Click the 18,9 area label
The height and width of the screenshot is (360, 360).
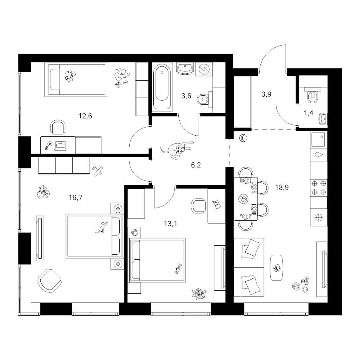point(282,188)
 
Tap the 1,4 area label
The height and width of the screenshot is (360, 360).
point(308,113)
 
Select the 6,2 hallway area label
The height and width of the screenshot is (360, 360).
point(196,165)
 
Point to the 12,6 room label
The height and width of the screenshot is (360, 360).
point(85,116)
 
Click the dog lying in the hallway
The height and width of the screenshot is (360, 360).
point(177,150)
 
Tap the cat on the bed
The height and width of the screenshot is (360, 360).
point(102,227)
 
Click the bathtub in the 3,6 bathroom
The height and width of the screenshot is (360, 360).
point(162,87)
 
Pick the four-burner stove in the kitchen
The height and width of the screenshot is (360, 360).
point(319,188)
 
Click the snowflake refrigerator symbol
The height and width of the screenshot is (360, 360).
point(319,217)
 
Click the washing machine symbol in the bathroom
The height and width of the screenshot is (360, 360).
point(204,69)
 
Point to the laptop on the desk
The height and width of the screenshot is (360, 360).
point(60,146)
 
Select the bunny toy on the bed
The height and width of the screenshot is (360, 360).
point(178,269)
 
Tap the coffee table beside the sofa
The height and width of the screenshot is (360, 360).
point(276,268)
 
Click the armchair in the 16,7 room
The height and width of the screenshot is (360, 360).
point(49,280)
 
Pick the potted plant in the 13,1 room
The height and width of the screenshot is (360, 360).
point(199,294)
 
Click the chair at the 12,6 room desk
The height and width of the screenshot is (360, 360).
point(58,127)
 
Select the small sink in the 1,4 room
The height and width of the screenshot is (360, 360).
point(323,119)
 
